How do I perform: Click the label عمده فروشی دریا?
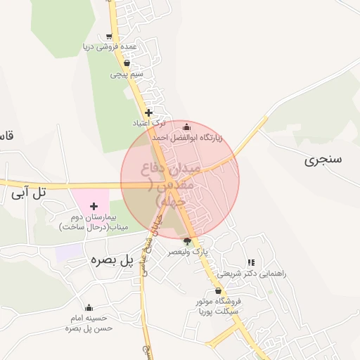[110, 47]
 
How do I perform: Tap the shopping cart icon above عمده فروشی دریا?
[109, 37]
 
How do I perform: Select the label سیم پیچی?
[127, 73]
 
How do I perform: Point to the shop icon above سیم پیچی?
[127, 63]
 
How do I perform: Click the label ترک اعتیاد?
[148, 122]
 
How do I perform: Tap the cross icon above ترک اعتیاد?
[148, 112]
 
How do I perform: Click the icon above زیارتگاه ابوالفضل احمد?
[186, 127]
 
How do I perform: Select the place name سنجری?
[323, 159]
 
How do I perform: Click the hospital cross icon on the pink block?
[94, 206]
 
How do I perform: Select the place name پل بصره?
[111, 260]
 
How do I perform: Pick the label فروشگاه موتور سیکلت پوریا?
[219, 305]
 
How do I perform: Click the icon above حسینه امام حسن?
[89, 307]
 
